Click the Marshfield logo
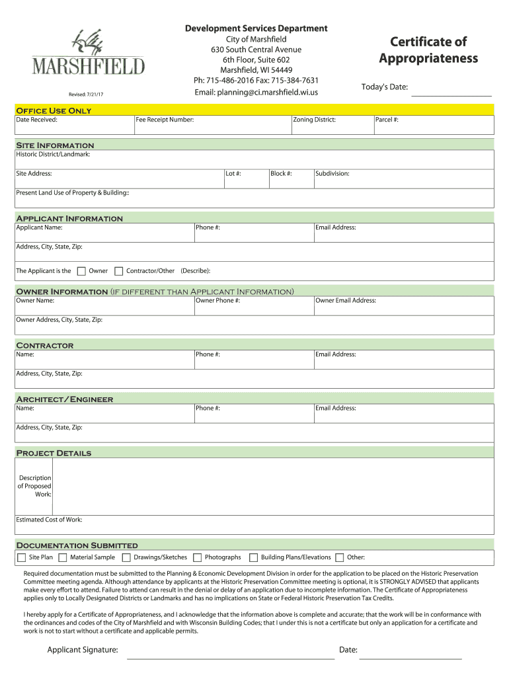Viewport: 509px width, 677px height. coord(89,53)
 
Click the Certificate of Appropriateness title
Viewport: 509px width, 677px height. coord(428,50)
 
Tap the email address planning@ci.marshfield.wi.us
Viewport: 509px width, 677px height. coord(256,92)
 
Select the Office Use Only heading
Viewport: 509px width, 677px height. coord(54,110)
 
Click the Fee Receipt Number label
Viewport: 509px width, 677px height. coord(165,120)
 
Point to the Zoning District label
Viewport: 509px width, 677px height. coord(314,120)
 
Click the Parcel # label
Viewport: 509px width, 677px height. coord(387,120)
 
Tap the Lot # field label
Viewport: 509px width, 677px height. coord(233,173)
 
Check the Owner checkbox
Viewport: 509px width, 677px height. coord(81,271)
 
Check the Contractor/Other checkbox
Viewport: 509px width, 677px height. coord(119,271)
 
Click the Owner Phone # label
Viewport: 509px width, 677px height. coord(217,300)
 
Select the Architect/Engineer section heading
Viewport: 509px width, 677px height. coord(64,399)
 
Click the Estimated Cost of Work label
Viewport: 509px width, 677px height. coord(49,520)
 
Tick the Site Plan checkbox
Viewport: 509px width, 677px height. coord(22,557)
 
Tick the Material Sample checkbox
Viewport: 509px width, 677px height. coord(63,557)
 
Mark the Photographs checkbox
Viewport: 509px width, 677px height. coord(197,557)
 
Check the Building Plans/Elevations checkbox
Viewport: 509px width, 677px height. coord(253,557)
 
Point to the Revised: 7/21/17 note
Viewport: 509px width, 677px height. coord(86,95)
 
